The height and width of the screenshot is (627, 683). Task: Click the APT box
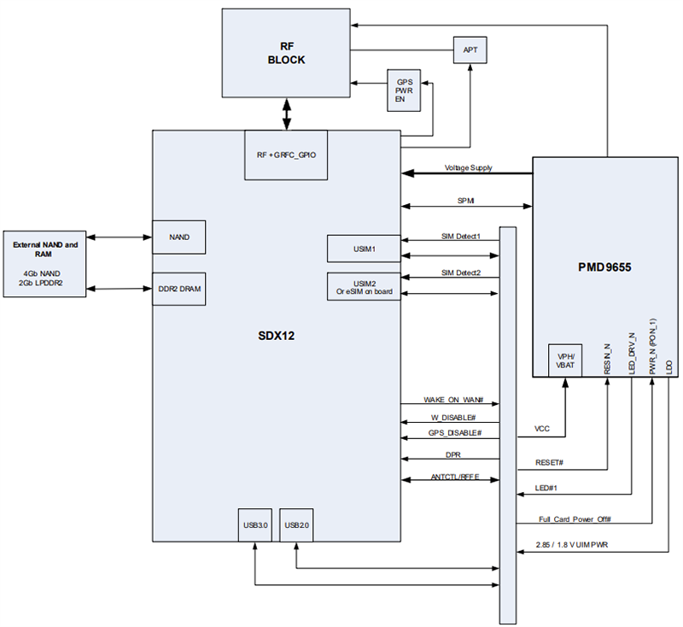click(x=470, y=51)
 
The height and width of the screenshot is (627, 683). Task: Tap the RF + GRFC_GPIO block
click(x=286, y=155)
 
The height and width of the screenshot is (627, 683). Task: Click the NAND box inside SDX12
click(x=178, y=237)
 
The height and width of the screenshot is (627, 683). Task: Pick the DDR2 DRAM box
click(x=178, y=289)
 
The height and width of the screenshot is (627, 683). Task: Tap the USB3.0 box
click(x=255, y=524)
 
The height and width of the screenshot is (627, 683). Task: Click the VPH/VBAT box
click(x=564, y=360)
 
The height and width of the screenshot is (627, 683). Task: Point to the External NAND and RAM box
click(x=45, y=263)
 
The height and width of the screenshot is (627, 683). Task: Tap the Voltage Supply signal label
click(x=468, y=168)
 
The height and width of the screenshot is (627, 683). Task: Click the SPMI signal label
click(x=466, y=201)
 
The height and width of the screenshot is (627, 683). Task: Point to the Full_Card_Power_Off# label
click(x=575, y=519)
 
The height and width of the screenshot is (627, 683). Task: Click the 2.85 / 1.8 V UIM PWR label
click(x=577, y=544)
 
